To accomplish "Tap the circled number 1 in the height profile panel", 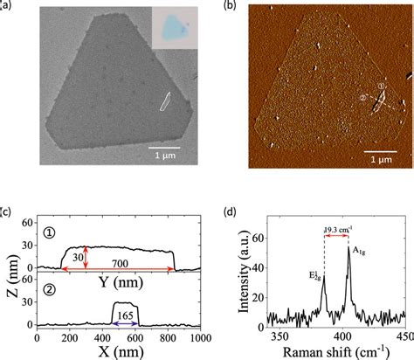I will coord(38,234).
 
